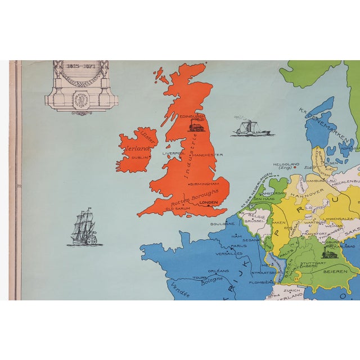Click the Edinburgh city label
pyautogui.click(x=193, y=117)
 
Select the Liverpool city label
pyautogui.click(x=174, y=152)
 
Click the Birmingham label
pyautogui.click(x=204, y=184)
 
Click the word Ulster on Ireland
pyautogui.click(x=148, y=136)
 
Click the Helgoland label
pyautogui.click(x=286, y=165)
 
